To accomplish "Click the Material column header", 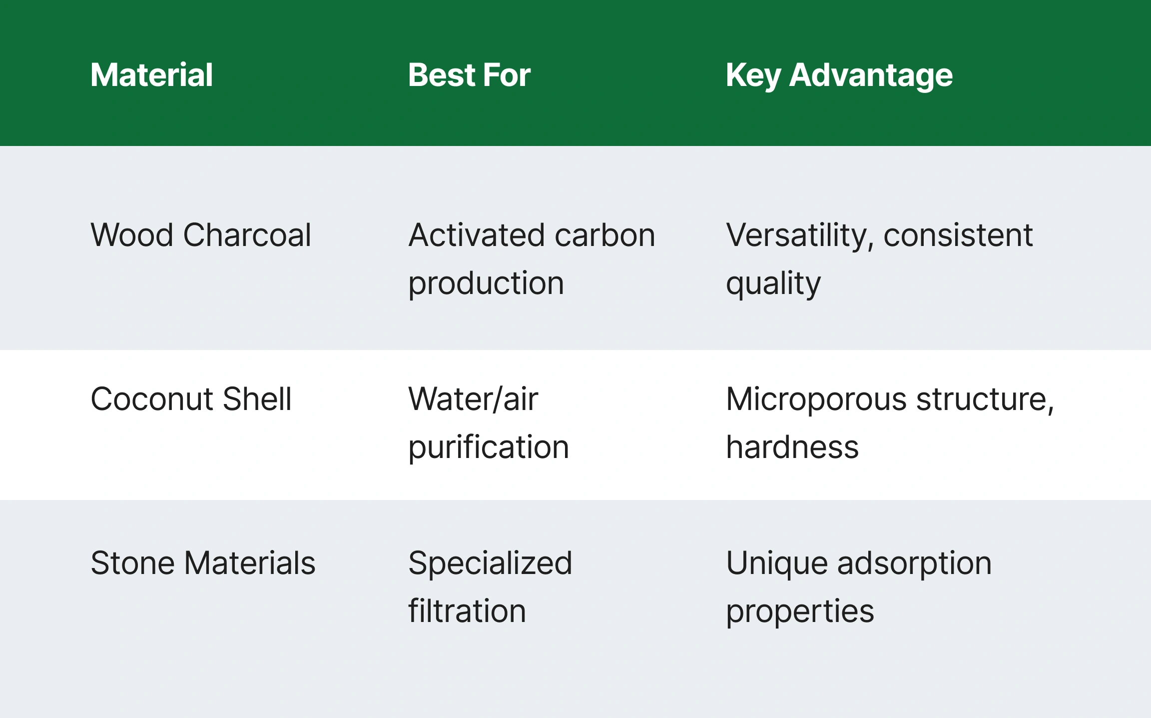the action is click(x=152, y=75).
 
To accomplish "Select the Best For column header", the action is click(x=469, y=75).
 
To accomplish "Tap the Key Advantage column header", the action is click(x=839, y=76).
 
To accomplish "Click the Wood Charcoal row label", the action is click(x=201, y=235).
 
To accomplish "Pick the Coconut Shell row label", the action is click(x=191, y=399).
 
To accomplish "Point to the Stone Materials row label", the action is click(x=203, y=563).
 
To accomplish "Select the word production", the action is click(x=486, y=284).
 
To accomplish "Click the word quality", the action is click(x=773, y=284).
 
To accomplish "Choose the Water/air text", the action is click(x=473, y=399).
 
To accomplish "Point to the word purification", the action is click(x=489, y=447).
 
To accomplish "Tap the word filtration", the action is click(x=467, y=610).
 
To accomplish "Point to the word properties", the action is click(x=800, y=611).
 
